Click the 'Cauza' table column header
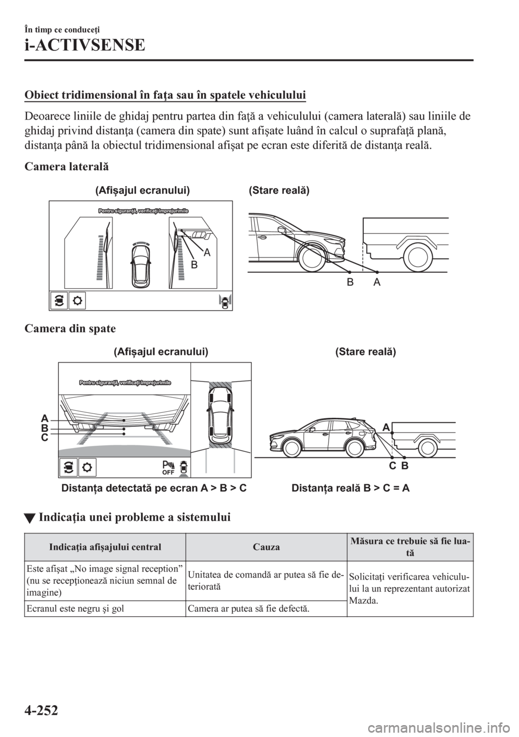coord(267,547)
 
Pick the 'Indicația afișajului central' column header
coord(105,547)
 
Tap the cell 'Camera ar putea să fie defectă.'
coord(249,609)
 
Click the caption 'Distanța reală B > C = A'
coord(350,488)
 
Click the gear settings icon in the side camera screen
coord(77,300)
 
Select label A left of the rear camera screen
coord(45,418)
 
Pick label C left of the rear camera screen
coord(45,437)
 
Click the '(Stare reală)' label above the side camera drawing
coord(279,190)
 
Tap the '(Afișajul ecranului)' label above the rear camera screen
coord(161,351)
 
